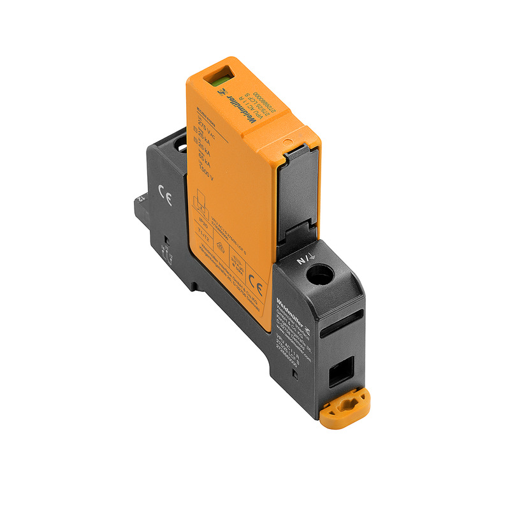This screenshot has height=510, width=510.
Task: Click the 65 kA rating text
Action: click(x=206, y=162)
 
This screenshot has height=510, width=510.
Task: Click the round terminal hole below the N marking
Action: click(x=322, y=275)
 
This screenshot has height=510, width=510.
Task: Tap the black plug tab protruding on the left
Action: click(x=142, y=205)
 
